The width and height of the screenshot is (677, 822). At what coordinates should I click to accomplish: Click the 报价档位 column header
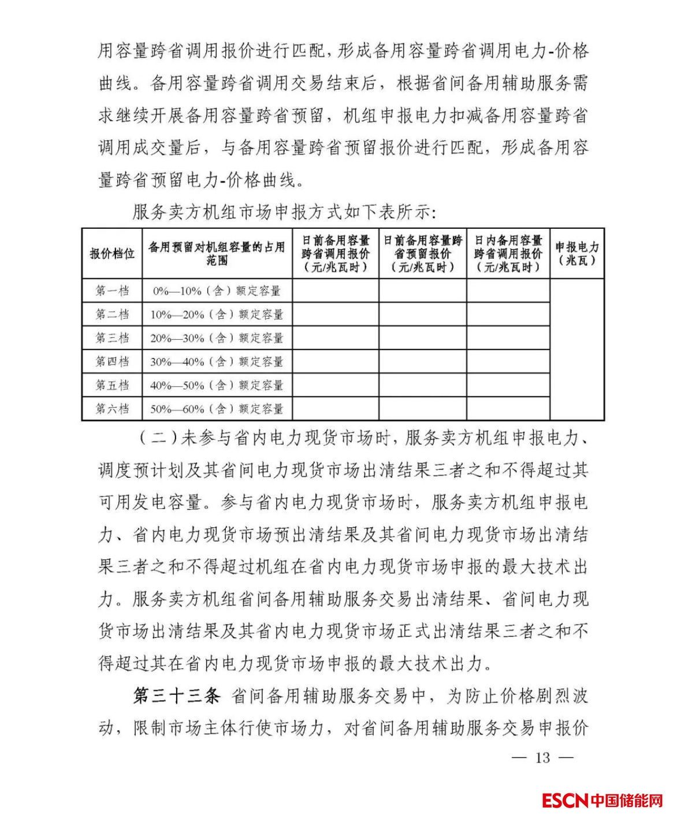112,254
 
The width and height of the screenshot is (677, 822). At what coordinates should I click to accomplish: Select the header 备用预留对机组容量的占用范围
217,254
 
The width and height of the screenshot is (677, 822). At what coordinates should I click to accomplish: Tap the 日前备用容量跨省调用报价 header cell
336,254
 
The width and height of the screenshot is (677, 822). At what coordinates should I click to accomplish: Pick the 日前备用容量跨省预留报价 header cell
423,254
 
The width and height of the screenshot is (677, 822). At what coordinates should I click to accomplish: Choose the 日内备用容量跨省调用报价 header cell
508,254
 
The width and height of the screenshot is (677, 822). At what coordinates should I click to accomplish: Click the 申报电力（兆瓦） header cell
577,254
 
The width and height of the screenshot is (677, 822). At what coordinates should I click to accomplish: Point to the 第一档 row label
112,291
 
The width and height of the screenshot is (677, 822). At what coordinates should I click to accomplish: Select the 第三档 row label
112,338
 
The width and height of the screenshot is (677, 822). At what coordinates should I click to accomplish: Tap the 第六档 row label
112,409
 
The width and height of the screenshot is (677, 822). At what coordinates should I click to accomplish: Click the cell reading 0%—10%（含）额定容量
217,291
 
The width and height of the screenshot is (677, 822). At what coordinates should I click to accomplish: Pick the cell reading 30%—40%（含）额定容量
217,362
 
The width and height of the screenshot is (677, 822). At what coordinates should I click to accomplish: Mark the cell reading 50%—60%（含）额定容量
217,410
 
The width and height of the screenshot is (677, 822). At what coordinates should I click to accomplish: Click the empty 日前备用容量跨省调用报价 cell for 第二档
336,314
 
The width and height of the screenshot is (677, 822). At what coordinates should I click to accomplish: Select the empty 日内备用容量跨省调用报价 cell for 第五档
508,385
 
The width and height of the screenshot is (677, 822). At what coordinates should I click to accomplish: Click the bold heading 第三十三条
177,696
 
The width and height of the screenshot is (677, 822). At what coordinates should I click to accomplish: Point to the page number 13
542,758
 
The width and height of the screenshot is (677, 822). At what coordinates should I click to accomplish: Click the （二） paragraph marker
157,438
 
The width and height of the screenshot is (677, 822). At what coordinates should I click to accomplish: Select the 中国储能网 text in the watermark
627,801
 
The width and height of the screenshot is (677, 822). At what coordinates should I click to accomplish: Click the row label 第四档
112,362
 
